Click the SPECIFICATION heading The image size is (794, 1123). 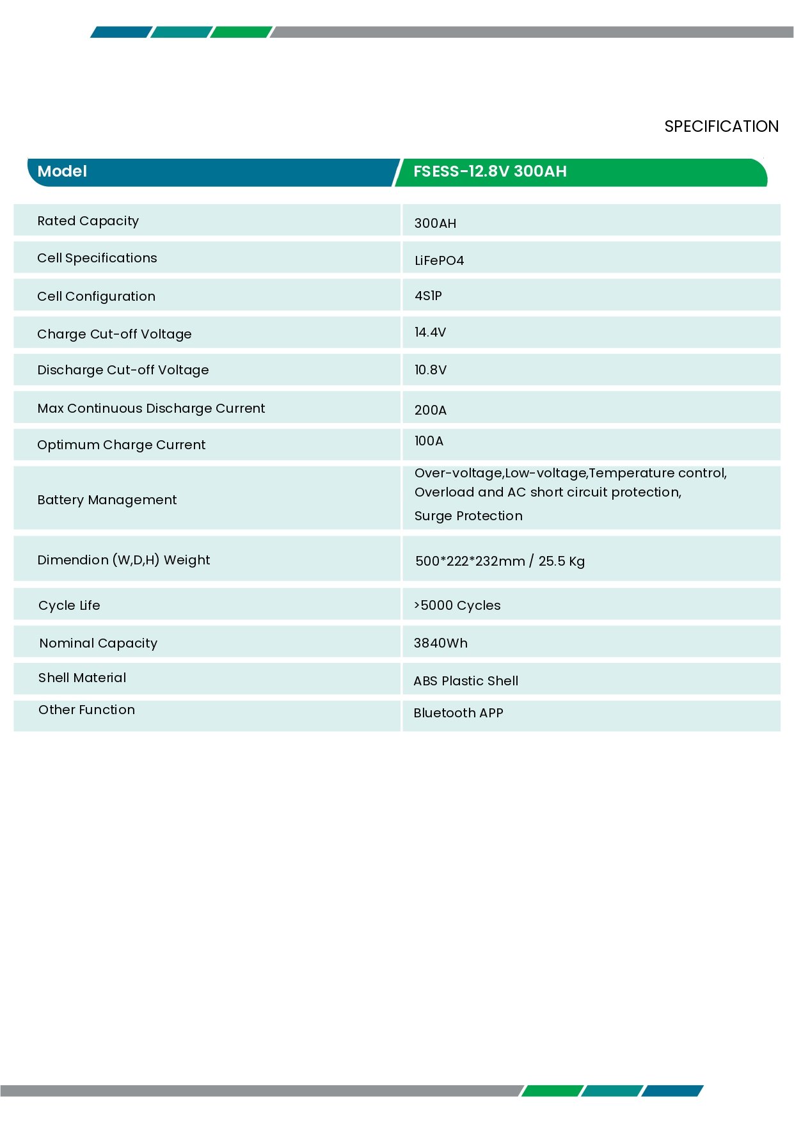[721, 126]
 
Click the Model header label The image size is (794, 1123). [62, 171]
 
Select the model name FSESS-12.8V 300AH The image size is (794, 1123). [489, 171]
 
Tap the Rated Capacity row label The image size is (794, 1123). [88, 221]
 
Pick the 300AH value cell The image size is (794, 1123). [435, 223]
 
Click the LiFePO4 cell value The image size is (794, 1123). [439, 260]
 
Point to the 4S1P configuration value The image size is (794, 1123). [428, 296]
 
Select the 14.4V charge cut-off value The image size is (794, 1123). [430, 332]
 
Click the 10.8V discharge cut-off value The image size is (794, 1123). [430, 370]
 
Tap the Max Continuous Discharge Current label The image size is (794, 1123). [151, 408]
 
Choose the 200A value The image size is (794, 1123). [430, 410]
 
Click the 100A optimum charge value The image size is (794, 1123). [429, 441]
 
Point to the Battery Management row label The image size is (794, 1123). [107, 500]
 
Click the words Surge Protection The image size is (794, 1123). [468, 516]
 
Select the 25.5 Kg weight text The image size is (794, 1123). [561, 561]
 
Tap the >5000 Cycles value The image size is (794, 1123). [457, 605]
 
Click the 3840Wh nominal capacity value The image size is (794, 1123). [440, 643]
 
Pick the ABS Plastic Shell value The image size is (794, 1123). [466, 681]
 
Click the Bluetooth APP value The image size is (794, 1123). [458, 713]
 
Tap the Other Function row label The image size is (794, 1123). [86, 710]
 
